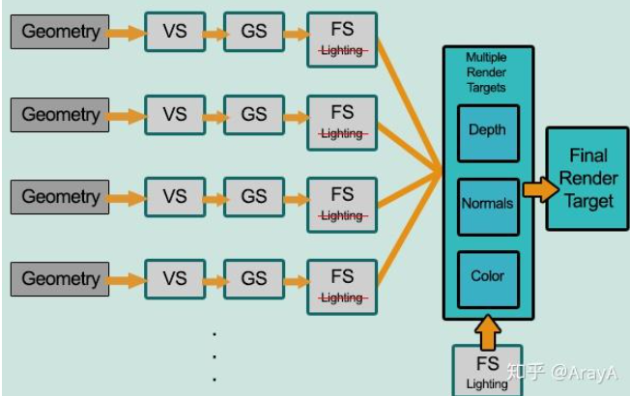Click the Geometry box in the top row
click(x=61, y=32)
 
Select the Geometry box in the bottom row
click(x=61, y=279)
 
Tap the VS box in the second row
click(x=175, y=114)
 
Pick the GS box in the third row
click(x=254, y=197)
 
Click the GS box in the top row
click(x=254, y=32)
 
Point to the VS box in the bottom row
click(x=175, y=279)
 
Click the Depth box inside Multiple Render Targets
click(x=487, y=129)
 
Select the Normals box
click(x=487, y=204)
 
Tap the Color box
click(x=487, y=276)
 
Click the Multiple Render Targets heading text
click(x=487, y=73)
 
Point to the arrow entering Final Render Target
click(x=539, y=189)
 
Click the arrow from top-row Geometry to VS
click(x=123, y=33)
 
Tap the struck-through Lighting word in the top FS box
click(x=342, y=51)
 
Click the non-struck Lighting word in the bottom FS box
click(x=487, y=383)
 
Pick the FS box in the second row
click(x=342, y=121)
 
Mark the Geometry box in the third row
click(x=61, y=197)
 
